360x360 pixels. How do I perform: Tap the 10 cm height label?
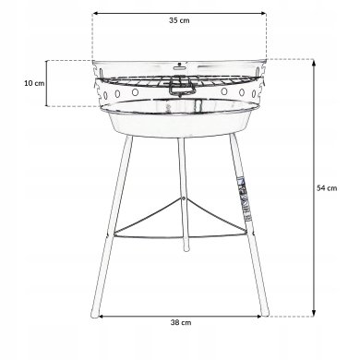(33, 82)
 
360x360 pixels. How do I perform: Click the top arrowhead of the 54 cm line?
(316, 62)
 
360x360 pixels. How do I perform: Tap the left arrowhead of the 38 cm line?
(100, 316)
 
